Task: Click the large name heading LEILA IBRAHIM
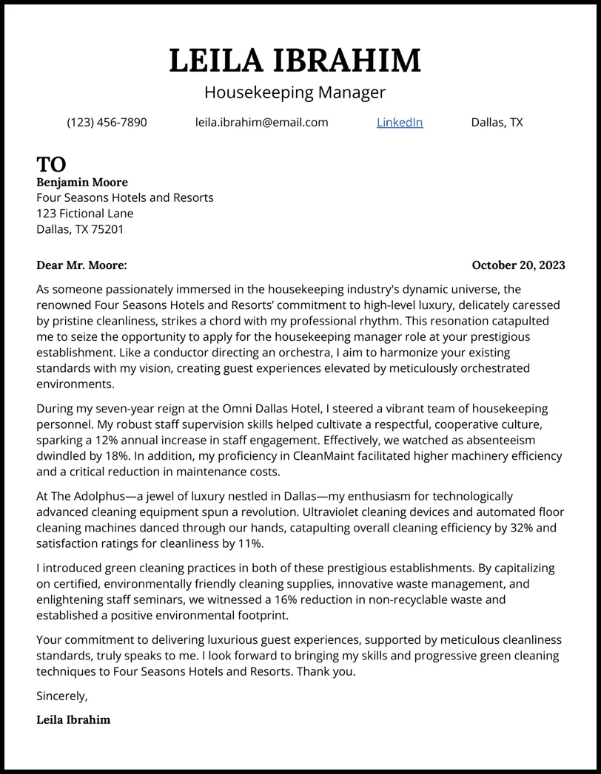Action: [295, 61]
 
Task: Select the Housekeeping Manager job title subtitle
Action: [295, 92]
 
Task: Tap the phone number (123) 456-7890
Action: [107, 122]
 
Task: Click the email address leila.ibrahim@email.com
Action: [261, 122]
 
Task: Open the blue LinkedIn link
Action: [400, 122]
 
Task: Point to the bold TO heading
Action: [51, 164]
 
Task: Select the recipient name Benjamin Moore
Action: [82, 182]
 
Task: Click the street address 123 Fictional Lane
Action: [85, 214]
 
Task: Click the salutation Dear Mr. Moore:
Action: [81, 265]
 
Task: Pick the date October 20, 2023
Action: [518, 265]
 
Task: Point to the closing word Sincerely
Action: [61, 696]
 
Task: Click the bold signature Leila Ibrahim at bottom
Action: [73, 719]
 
